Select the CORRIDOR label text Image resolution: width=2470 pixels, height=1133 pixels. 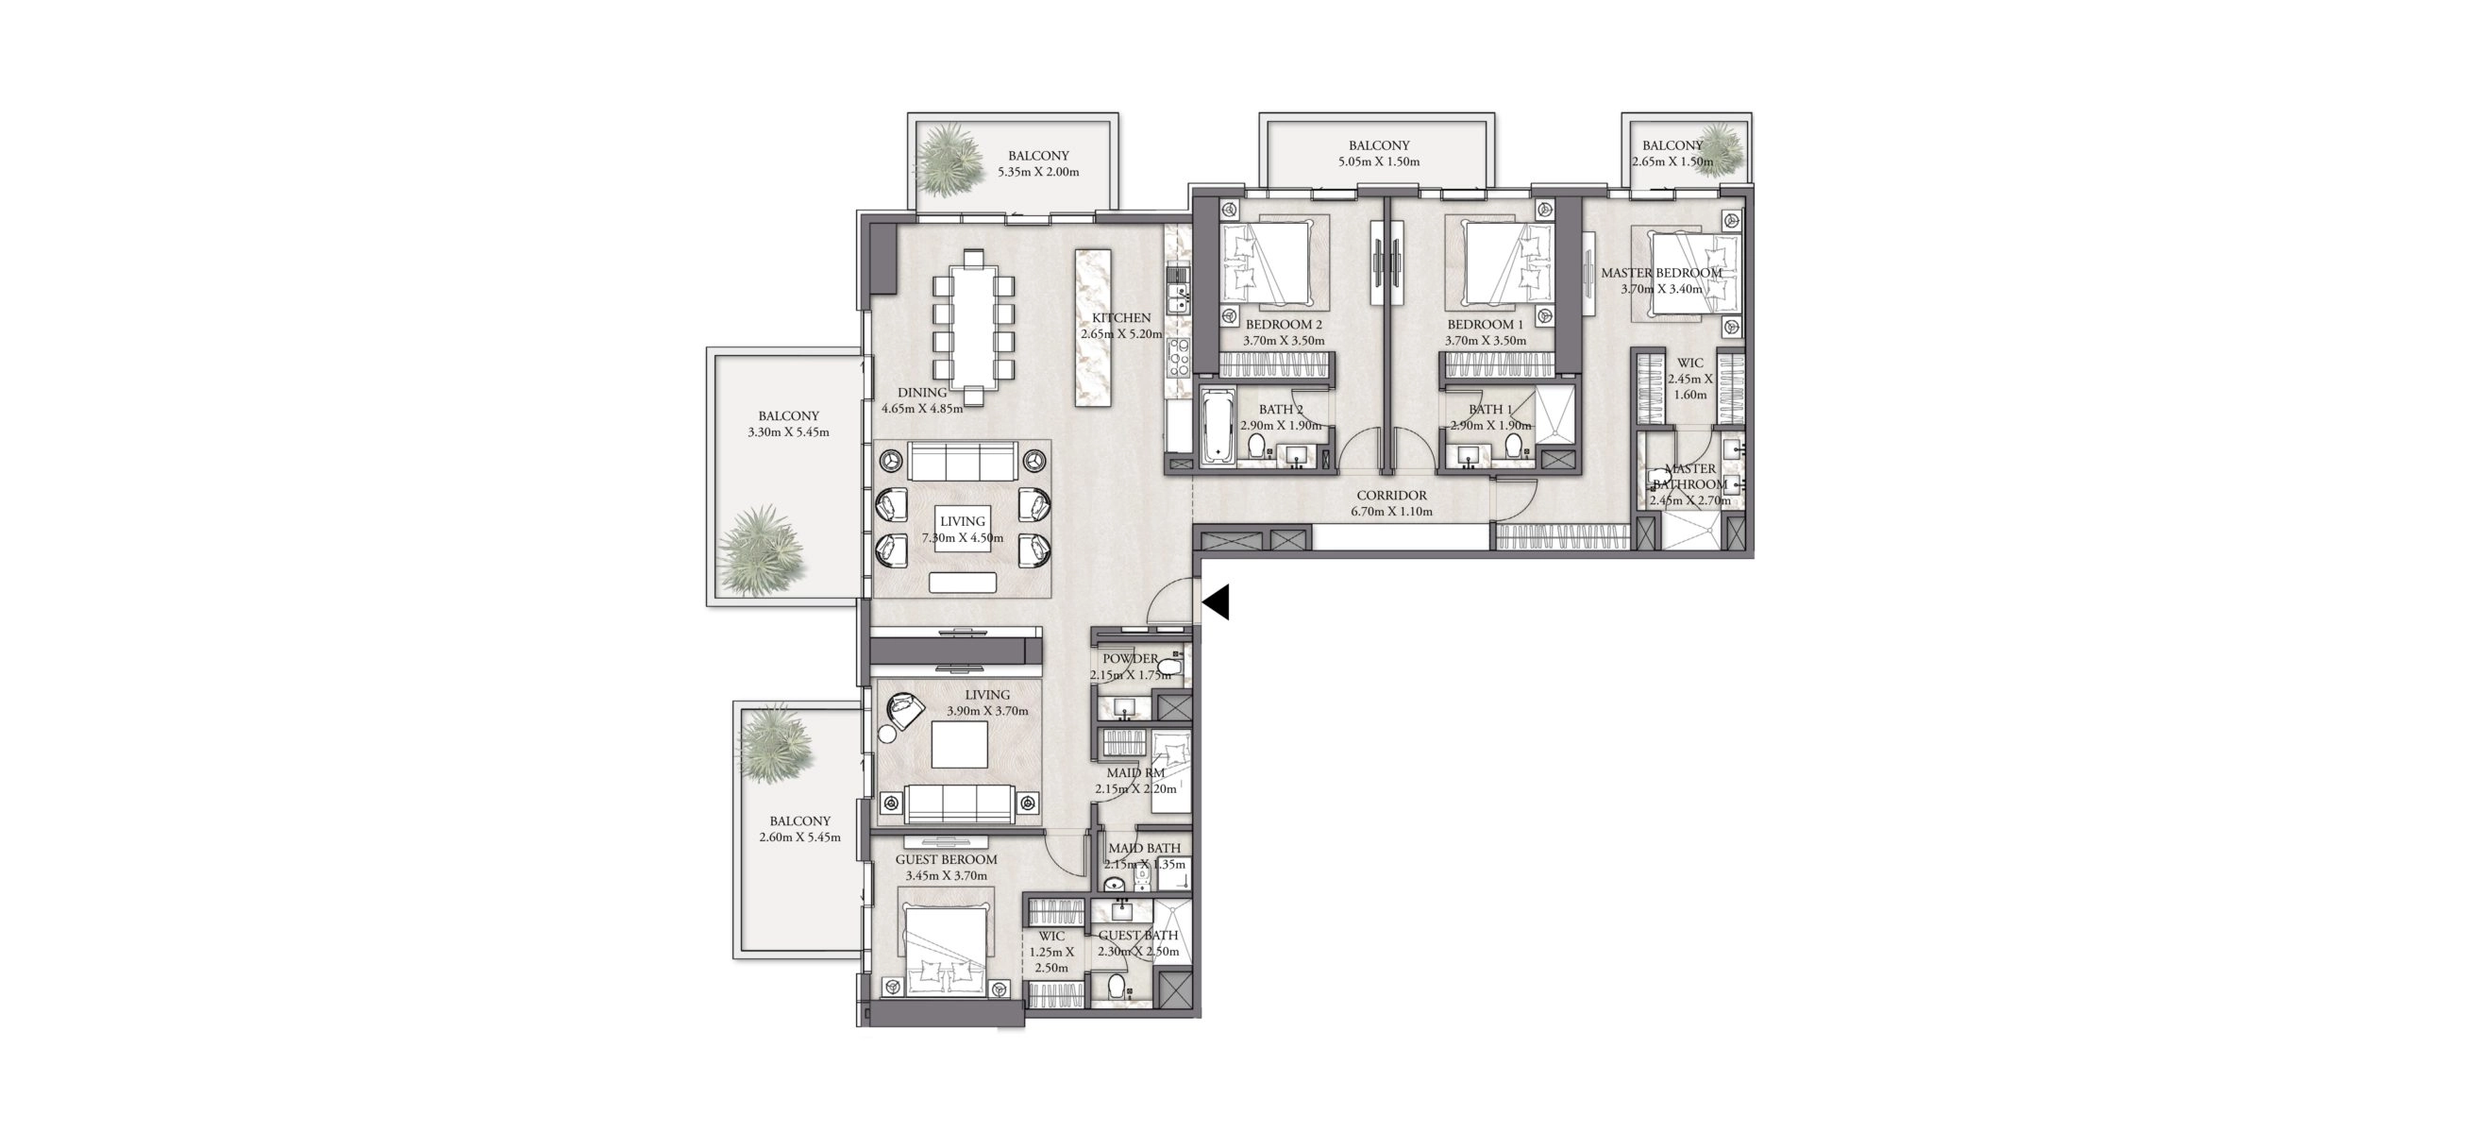click(x=1391, y=496)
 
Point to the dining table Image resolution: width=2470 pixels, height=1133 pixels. click(x=302, y=327)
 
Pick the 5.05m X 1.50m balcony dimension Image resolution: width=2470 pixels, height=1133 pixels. click(x=1379, y=161)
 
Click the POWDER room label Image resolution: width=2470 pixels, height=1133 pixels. click(x=1131, y=659)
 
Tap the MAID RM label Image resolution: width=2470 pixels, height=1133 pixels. click(x=1135, y=773)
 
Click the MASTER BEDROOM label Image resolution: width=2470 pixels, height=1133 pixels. click(x=1662, y=274)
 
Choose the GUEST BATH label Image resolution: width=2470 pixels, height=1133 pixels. click(x=1138, y=936)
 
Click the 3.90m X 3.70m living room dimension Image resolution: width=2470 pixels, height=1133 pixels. click(x=987, y=712)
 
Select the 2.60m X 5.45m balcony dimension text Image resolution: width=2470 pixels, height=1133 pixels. click(x=799, y=837)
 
